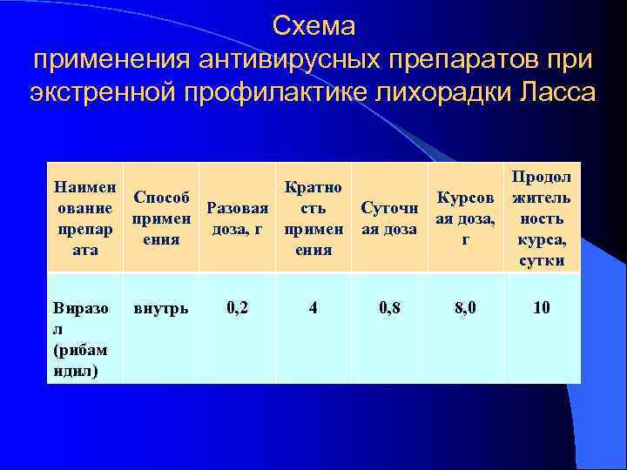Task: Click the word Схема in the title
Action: coord(313,26)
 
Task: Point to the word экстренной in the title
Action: coord(104,91)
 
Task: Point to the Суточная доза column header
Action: coord(389,218)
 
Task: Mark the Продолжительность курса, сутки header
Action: coord(541,218)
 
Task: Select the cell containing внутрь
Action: coord(158,307)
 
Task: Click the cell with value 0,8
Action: coord(389,307)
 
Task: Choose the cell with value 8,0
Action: coord(465,307)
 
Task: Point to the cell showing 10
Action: coord(541,307)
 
